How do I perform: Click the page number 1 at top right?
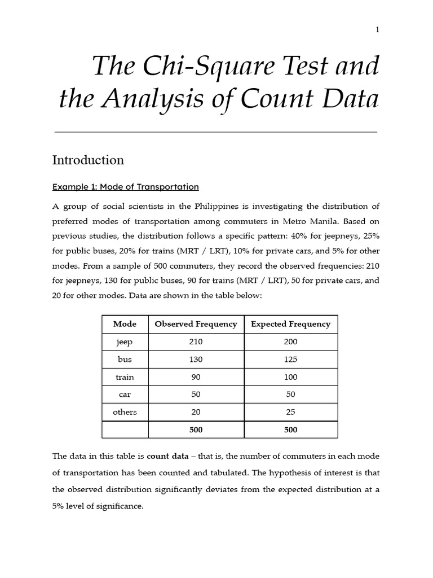[x=377, y=30]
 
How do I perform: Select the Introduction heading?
[x=88, y=160]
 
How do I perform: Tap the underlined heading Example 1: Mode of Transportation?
[x=125, y=187]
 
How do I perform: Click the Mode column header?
[x=125, y=324]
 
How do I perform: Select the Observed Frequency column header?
[x=196, y=324]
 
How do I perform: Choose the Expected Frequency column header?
[x=290, y=324]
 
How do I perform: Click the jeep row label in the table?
[x=125, y=342]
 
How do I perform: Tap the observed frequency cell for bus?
[x=196, y=360]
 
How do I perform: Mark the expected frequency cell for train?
[x=290, y=377]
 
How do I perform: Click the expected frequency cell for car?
[x=290, y=395]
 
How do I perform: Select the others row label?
[x=125, y=412]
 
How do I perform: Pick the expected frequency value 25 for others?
[x=290, y=412]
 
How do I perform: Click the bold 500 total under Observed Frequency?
[x=196, y=430]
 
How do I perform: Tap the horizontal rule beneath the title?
[x=216, y=132]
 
